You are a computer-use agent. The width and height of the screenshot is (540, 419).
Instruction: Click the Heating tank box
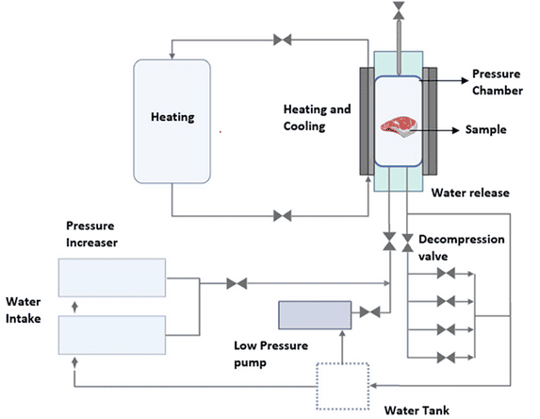[x=172, y=118]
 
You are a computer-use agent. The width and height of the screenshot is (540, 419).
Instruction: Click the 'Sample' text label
[x=486, y=129]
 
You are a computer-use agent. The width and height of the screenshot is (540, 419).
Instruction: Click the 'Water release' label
[x=469, y=193]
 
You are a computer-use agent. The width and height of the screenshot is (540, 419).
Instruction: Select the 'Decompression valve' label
[x=461, y=247]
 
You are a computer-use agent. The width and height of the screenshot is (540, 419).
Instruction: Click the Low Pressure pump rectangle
[x=315, y=313]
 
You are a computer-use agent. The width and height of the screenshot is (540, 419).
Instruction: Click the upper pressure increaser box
[x=112, y=278]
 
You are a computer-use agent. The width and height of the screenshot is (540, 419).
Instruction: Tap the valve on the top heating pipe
[x=282, y=40]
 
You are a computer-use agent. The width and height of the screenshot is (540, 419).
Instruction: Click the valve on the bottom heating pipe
[x=282, y=216]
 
